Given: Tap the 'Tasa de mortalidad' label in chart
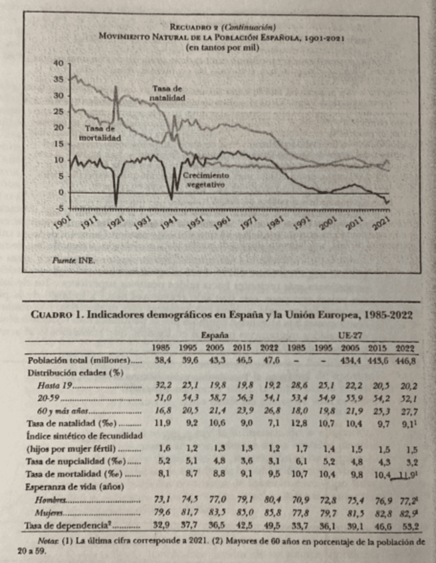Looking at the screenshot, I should pos(98,133).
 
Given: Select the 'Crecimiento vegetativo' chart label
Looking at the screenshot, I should pos(204,180).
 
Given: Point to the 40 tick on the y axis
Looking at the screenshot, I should pos(57,64).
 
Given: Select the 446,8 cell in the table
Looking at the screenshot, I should pos(405,360).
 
